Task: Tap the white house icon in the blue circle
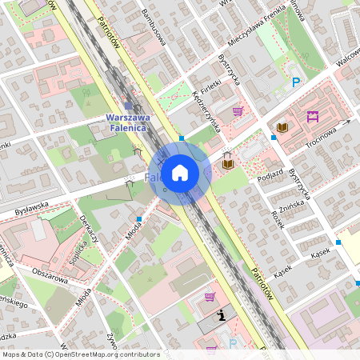(x=180, y=173)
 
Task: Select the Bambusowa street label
(x=151, y=29)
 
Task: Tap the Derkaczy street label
(x=89, y=227)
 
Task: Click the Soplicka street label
(x=77, y=254)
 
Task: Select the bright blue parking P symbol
(x=296, y=82)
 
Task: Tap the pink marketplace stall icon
(x=313, y=117)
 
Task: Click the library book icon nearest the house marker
(x=228, y=163)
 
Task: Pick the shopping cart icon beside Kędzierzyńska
(x=238, y=111)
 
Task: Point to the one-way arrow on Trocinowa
(x=345, y=123)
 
